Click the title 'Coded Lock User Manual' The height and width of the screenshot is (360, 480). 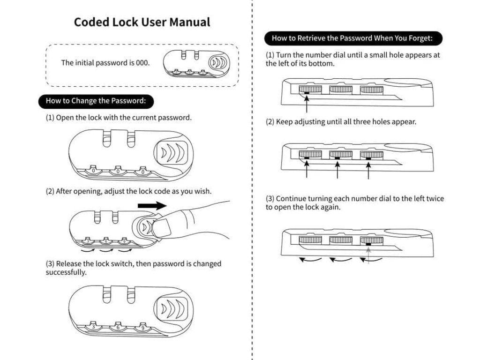(x=142, y=22)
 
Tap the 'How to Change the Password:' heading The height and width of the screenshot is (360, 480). (x=96, y=101)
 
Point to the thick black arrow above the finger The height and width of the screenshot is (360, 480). (x=152, y=205)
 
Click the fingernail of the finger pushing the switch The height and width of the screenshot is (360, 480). (x=161, y=227)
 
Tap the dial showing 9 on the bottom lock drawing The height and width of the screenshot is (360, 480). (x=142, y=327)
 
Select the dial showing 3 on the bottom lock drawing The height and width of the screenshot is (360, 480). (x=93, y=326)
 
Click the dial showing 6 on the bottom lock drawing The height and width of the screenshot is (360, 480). (x=118, y=327)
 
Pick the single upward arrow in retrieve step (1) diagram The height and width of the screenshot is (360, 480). (x=307, y=104)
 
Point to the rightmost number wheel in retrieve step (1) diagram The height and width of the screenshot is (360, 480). (x=371, y=90)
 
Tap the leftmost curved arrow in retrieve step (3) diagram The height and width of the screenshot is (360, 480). (x=310, y=260)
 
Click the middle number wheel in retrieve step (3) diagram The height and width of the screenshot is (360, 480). (x=340, y=240)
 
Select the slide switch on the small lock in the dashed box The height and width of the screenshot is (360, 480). (x=218, y=63)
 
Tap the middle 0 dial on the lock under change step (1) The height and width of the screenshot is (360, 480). (x=118, y=171)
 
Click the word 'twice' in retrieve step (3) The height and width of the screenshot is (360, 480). (x=435, y=199)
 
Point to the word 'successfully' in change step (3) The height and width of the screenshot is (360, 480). (x=66, y=272)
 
